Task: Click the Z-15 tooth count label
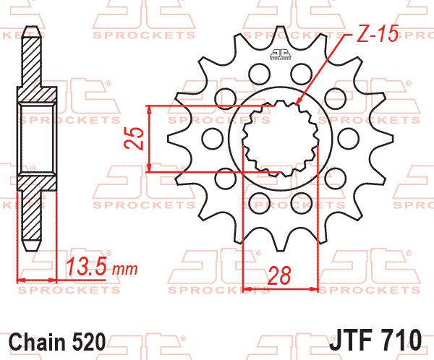pyautogui.click(x=378, y=33)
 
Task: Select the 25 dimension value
pyautogui.click(x=134, y=138)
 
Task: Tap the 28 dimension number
pyautogui.click(x=279, y=275)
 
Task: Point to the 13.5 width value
pyautogui.click(x=87, y=266)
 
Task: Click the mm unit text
pyautogui.click(x=125, y=269)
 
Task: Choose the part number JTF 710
pyautogui.click(x=375, y=340)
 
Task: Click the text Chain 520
pyautogui.click(x=57, y=342)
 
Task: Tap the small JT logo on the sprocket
pyautogui.click(x=281, y=54)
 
